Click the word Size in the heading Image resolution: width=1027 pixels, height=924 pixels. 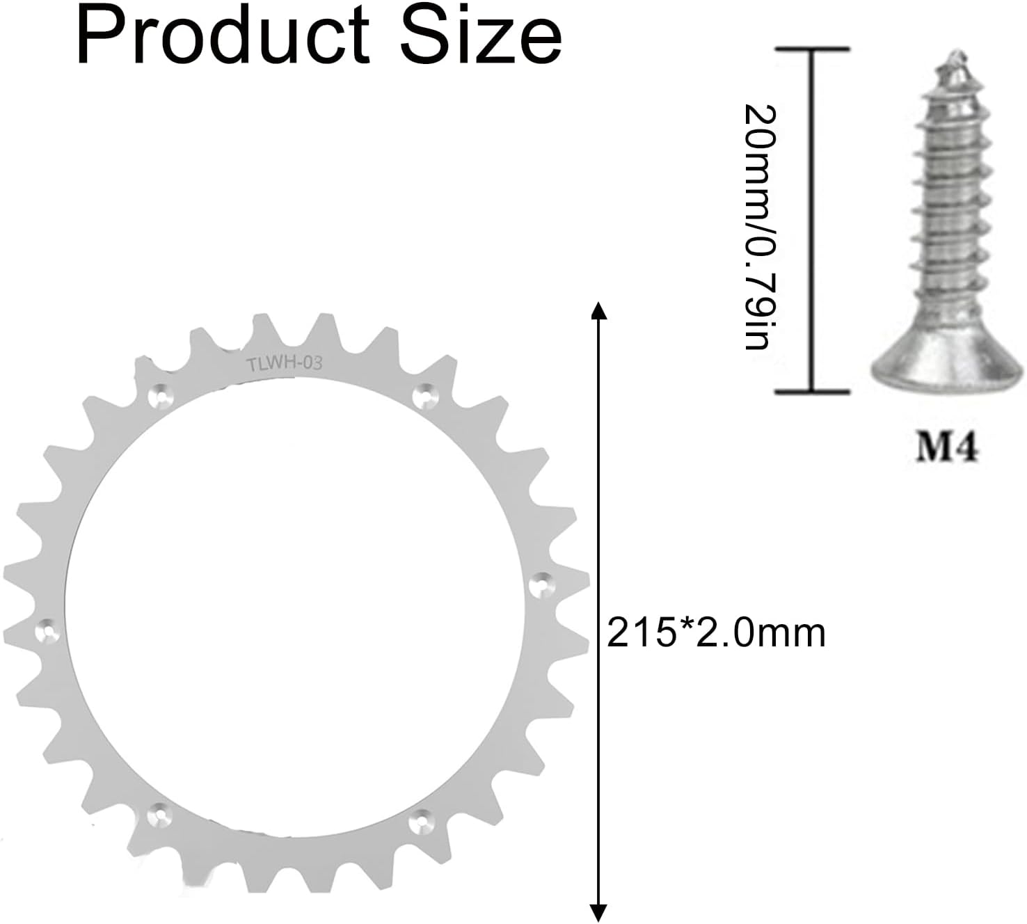[481, 37]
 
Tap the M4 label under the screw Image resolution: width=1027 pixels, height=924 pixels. [946, 447]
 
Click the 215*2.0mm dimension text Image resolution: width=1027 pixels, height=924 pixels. [716, 634]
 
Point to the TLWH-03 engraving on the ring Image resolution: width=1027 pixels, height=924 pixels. [284, 364]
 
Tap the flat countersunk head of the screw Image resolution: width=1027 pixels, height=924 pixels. [947, 360]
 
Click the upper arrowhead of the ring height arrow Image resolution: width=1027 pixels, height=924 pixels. [598, 311]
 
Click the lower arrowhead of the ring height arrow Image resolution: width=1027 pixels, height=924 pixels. [598, 913]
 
